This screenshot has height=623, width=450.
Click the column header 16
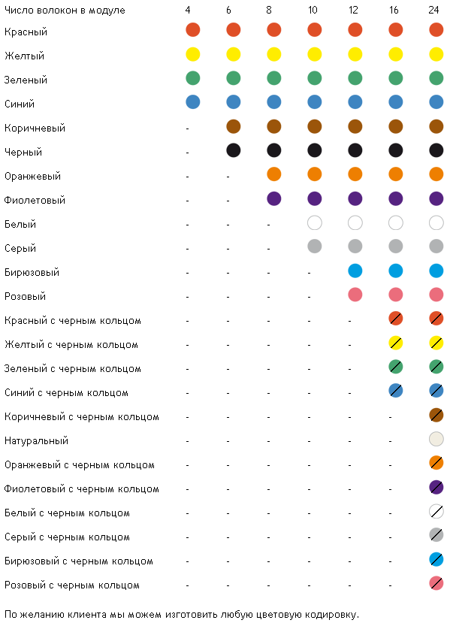click(394, 10)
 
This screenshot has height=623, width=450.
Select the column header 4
click(188, 10)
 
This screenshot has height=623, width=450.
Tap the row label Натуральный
click(36, 440)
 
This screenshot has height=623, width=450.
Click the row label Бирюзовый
click(32, 273)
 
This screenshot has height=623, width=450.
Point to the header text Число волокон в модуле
click(65, 11)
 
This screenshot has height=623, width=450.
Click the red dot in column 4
click(193, 30)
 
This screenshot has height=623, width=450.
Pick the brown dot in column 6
click(234, 126)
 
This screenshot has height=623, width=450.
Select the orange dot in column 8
click(274, 174)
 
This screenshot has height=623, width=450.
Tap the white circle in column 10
click(315, 222)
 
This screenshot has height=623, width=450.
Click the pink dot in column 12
click(355, 295)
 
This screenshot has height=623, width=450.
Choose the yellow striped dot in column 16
click(396, 343)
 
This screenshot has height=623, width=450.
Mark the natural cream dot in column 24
click(436, 439)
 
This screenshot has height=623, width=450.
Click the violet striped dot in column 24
click(436, 487)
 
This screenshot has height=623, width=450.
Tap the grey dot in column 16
click(396, 246)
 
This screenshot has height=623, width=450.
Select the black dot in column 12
click(355, 150)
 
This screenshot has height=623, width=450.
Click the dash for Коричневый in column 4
click(188, 129)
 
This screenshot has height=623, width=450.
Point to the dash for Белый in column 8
click(268, 225)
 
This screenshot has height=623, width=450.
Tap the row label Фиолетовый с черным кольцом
click(82, 489)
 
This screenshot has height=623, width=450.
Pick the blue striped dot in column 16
click(396, 391)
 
